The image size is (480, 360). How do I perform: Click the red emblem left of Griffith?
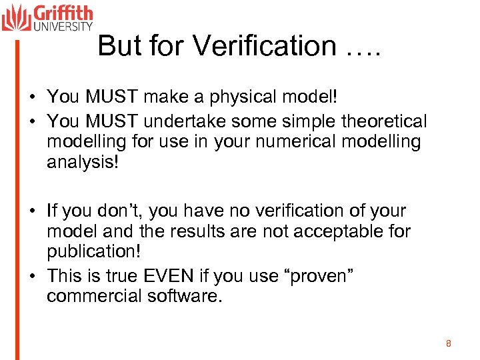pos(16,17)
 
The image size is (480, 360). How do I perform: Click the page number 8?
pos(449,343)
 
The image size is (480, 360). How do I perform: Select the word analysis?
pos(83,163)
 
